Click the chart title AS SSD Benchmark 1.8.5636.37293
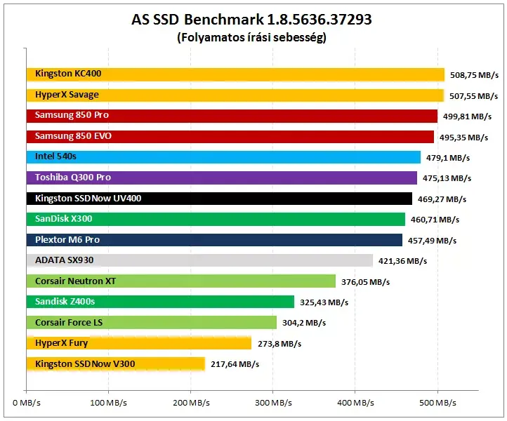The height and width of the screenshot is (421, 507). coord(251,20)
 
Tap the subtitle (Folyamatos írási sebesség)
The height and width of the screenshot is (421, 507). coord(251,37)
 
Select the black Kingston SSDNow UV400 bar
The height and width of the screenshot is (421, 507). coord(219,199)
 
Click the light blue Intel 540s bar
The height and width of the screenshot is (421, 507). coord(223,157)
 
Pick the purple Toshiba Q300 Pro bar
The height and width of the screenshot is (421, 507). coord(222,178)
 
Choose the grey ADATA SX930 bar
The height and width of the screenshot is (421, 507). coord(199,260)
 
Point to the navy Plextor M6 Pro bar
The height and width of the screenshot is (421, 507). coord(214,240)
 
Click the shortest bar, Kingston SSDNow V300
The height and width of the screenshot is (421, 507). coord(116,363)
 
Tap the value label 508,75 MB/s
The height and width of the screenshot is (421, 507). coord(474,75)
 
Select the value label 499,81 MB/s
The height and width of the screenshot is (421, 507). coord(467,116)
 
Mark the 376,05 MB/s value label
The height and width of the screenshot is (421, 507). coord(365,282)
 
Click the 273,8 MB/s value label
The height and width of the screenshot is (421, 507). coord(279,344)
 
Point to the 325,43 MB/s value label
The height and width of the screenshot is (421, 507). coord(324,302)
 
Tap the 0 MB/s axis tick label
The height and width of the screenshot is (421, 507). coord(27,403)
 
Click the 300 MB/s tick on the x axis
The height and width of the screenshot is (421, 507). coord(273,403)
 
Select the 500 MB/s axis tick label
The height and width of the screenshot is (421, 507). coord(437,403)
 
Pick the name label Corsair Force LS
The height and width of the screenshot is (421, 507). coord(69,323)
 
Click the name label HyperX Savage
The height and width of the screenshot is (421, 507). coord(67,95)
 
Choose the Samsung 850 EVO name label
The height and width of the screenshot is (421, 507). coord(73,135)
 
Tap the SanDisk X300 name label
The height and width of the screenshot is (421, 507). coord(64,219)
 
